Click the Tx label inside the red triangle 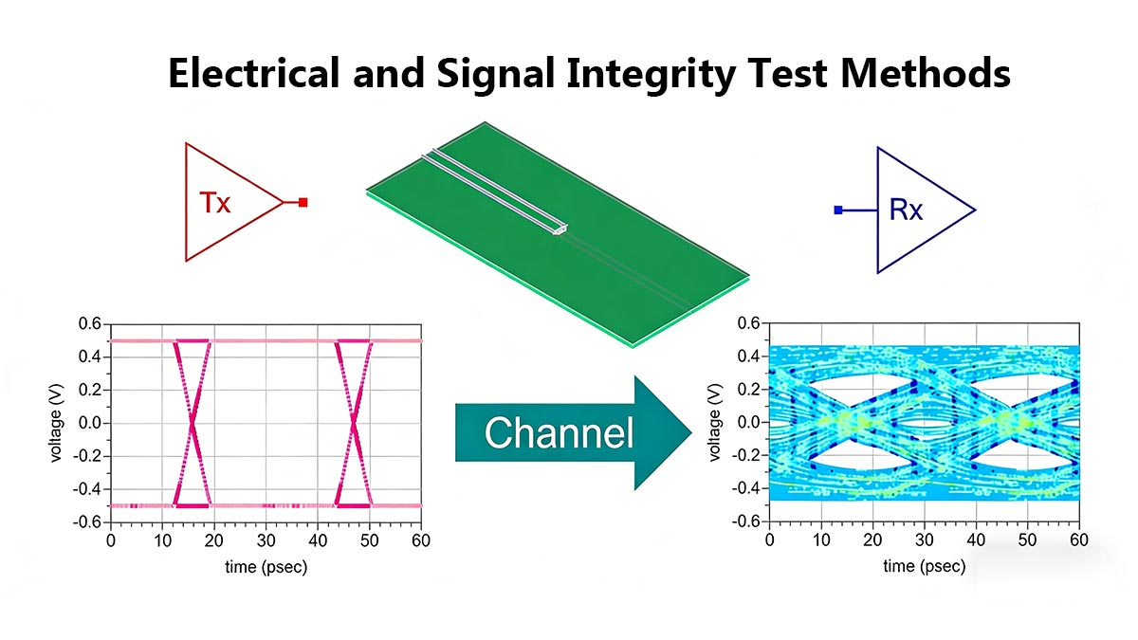215,202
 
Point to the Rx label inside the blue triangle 906,210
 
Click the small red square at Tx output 303,202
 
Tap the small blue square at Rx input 838,210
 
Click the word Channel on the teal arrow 559,433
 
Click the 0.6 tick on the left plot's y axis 89,324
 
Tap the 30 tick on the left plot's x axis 266,540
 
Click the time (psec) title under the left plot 266,566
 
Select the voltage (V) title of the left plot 59,422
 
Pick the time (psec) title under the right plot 925,566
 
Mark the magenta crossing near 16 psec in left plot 192,423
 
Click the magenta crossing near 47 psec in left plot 354,423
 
